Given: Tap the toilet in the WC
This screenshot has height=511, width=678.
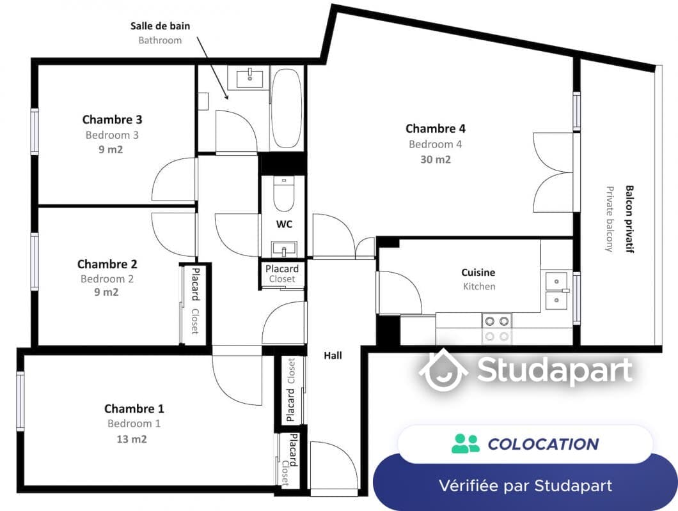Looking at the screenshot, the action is [x=283, y=193].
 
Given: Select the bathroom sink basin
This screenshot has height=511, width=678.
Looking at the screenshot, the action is [x=250, y=78].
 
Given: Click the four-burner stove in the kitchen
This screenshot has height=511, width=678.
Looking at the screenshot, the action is [x=496, y=328].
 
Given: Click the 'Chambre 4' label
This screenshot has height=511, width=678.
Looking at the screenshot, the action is [x=436, y=128].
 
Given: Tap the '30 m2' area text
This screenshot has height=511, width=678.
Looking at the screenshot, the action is [x=436, y=160].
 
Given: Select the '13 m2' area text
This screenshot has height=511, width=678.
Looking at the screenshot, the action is [x=132, y=439].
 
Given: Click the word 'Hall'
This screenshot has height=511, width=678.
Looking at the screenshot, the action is [x=333, y=356].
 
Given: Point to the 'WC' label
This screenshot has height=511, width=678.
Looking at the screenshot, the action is [x=284, y=224].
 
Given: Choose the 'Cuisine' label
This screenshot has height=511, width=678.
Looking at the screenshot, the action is [x=478, y=273].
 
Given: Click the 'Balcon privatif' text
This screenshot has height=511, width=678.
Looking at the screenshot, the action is [x=629, y=219].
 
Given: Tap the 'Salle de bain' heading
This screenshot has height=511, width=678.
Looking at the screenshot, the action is [x=161, y=26].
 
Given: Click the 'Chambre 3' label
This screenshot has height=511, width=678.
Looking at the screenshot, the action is [x=113, y=119].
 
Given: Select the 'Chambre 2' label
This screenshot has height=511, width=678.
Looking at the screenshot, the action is [x=107, y=264].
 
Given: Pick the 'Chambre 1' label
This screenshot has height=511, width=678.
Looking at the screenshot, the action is [x=134, y=408].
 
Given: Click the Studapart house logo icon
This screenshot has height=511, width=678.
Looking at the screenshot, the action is [x=443, y=370].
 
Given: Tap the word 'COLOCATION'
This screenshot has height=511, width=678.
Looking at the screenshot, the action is [x=544, y=444].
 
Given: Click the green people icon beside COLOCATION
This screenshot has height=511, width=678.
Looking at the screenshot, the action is [x=465, y=444].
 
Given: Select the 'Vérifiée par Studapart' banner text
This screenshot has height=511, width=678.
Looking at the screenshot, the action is [x=526, y=485].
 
